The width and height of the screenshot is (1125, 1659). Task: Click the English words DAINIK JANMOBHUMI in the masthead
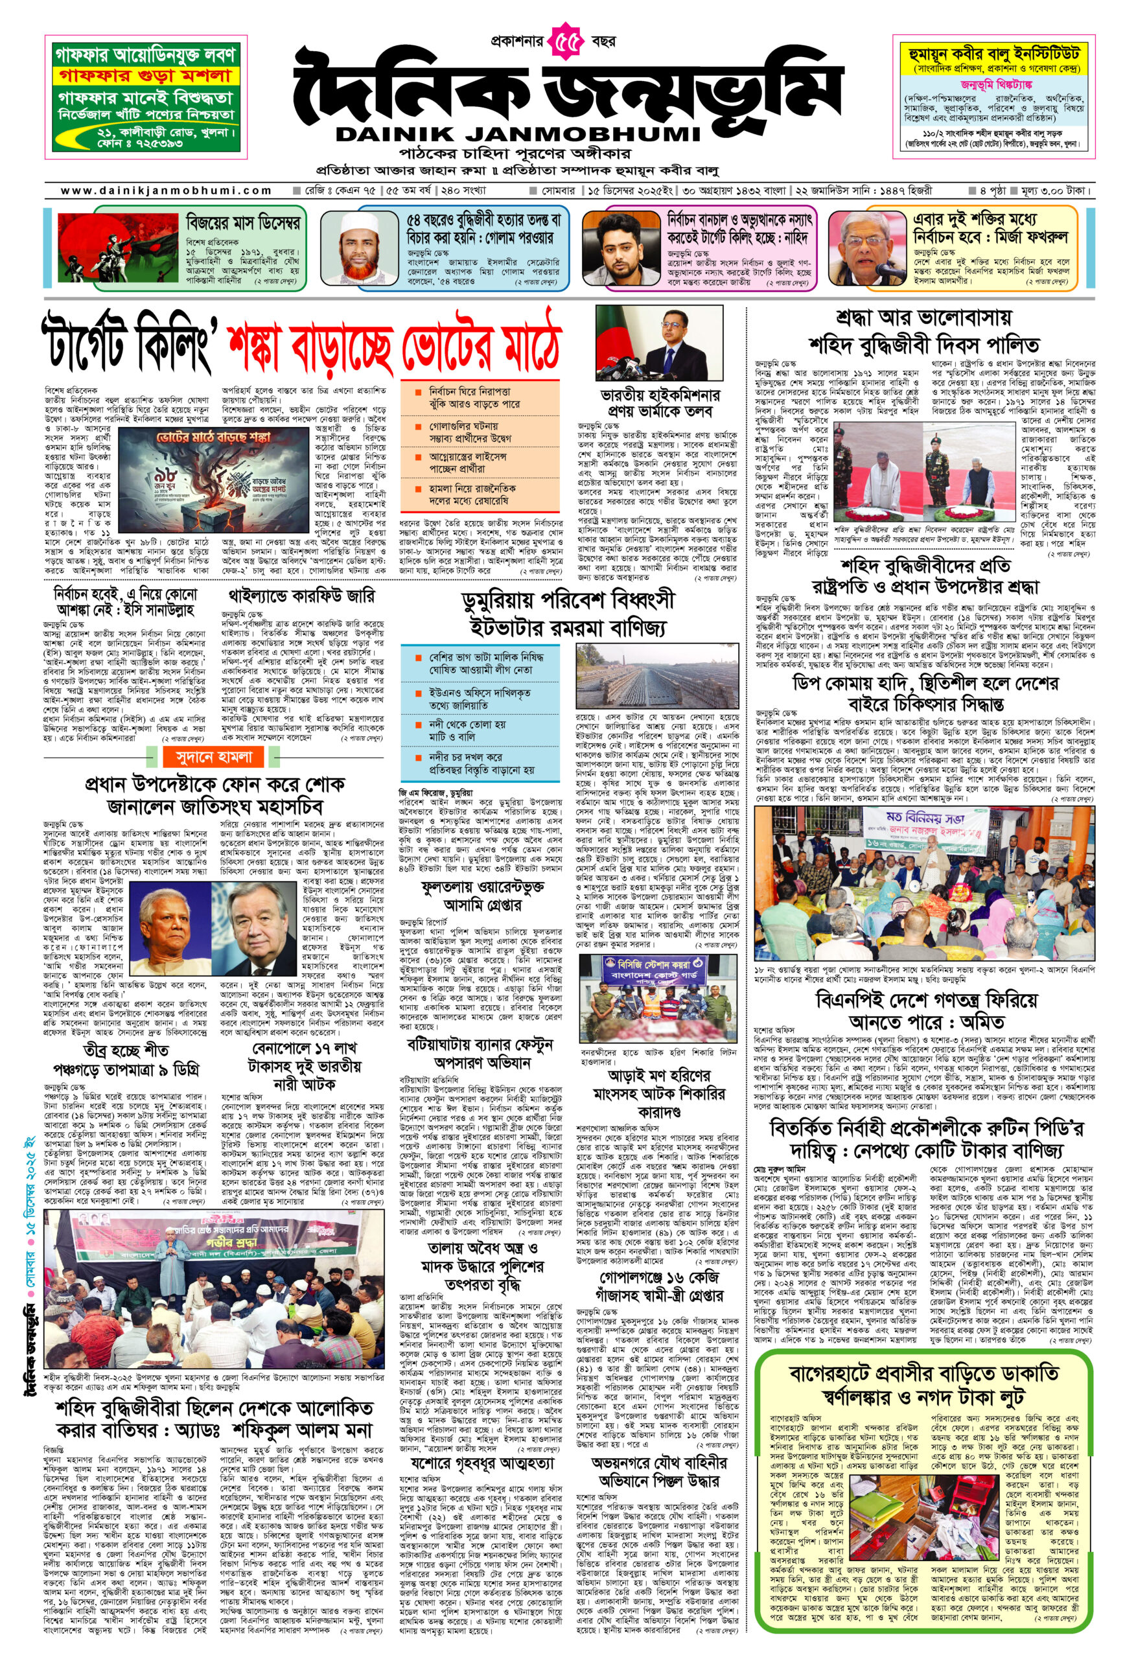click(x=518, y=133)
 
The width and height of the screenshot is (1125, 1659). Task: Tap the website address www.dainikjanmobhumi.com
click(x=166, y=191)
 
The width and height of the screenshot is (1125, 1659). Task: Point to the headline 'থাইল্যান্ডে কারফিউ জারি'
click(x=301, y=596)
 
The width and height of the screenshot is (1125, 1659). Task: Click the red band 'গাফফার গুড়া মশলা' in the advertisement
click(x=146, y=76)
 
